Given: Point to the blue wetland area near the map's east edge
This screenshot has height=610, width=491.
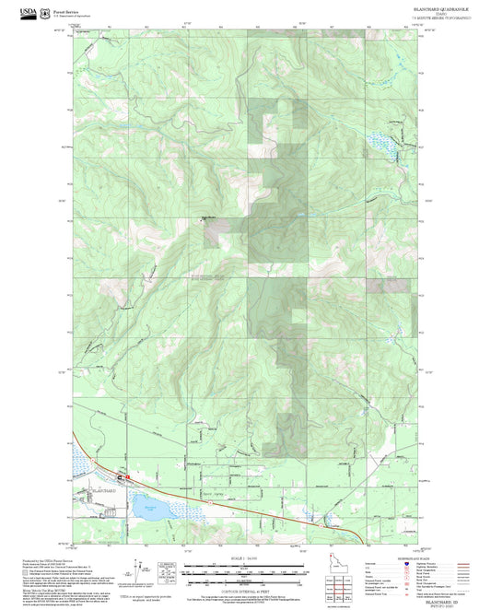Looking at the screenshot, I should (380, 141).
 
